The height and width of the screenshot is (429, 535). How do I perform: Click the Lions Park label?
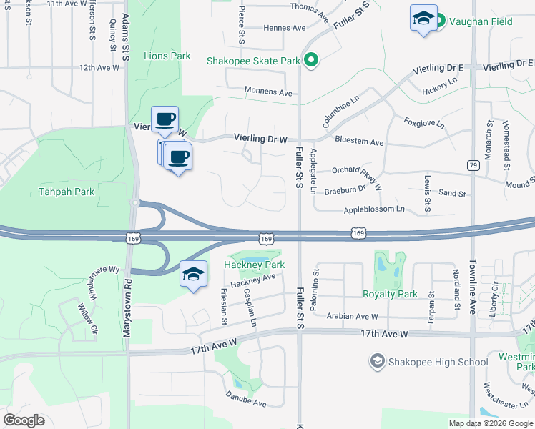pyautogui.click(x=167, y=56)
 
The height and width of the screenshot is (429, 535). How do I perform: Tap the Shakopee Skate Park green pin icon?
pyautogui.click(x=310, y=61)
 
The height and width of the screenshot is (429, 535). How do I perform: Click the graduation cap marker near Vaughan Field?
pyautogui.click(x=423, y=18)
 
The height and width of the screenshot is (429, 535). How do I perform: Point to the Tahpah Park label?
pyautogui.click(x=67, y=192)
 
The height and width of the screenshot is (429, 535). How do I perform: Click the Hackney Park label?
pyautogui.click(x=255, y=265)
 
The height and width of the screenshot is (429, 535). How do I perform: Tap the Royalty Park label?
pyautogui.click(x=390, y=294)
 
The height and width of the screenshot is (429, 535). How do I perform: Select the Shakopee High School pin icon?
pyautogui.click(x=377, y=362)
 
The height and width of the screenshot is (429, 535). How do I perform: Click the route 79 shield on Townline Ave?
pyautogui.click(x=472, y=165)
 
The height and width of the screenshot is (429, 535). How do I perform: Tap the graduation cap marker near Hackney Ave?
pyautogui.click(x=193, y=274)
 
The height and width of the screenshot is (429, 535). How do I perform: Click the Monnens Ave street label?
pyautogui.click(x=269, y=92)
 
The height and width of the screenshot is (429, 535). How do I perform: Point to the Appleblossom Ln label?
pyautogui.click(x=374, y=209)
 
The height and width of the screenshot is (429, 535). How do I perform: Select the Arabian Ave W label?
pyautogui.click(x=352, y=316)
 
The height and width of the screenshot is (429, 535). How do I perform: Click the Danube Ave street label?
pyautogui.click(x=246, y=399)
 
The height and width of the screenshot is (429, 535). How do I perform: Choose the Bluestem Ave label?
pyautogui.click(x=359, y=142)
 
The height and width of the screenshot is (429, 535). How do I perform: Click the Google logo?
pyautogui.click(x=24, y=420)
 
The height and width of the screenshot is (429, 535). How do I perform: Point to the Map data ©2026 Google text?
pyautogui.click(x=490, y=423)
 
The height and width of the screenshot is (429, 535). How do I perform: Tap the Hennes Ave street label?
pyautogui.click(x=285, y=28)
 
